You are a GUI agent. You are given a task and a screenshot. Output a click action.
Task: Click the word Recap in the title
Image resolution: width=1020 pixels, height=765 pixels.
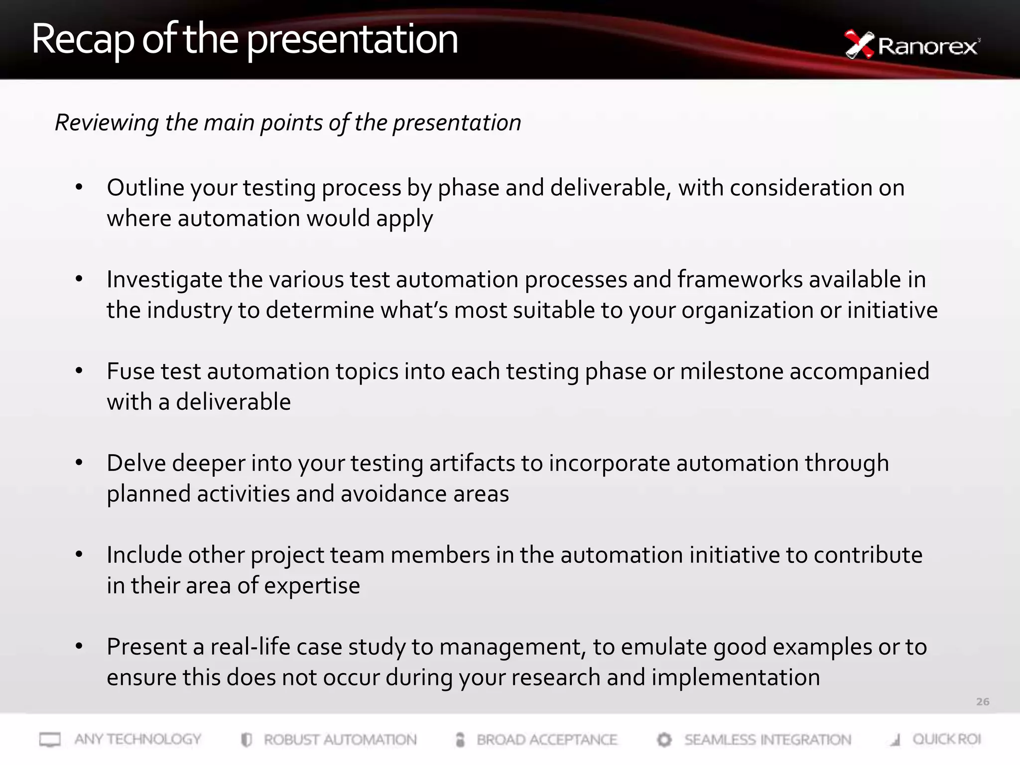coord(83,40)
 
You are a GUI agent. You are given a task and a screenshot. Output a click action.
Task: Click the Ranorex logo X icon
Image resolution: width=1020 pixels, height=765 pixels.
coord(859,45)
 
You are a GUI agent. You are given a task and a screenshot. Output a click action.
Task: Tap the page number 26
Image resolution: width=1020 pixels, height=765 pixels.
coord(982,702)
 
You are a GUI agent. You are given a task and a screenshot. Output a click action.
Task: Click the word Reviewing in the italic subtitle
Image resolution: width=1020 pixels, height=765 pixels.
coord(107,123)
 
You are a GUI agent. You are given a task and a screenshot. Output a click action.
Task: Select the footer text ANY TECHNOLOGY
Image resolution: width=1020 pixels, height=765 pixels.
coord(138,739)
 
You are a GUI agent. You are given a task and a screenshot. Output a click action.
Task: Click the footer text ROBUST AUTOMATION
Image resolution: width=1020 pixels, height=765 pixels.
coord(340,740)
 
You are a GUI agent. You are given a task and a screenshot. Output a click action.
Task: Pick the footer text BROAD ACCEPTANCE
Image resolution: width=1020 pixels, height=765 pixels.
coord(547,740)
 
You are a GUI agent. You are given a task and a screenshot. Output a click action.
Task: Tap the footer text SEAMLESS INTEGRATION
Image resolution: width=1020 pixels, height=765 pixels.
coord(767,740)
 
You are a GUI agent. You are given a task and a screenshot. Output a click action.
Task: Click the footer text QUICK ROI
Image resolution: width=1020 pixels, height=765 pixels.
coord(946,739)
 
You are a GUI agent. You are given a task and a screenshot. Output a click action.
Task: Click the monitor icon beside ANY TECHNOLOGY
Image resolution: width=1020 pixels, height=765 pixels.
coord(50,740)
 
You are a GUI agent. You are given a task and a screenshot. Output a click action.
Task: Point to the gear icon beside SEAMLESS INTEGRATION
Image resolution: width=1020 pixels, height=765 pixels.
coord(664,740)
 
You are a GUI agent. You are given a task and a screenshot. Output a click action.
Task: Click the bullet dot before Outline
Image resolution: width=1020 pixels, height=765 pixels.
coord(79,188)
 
